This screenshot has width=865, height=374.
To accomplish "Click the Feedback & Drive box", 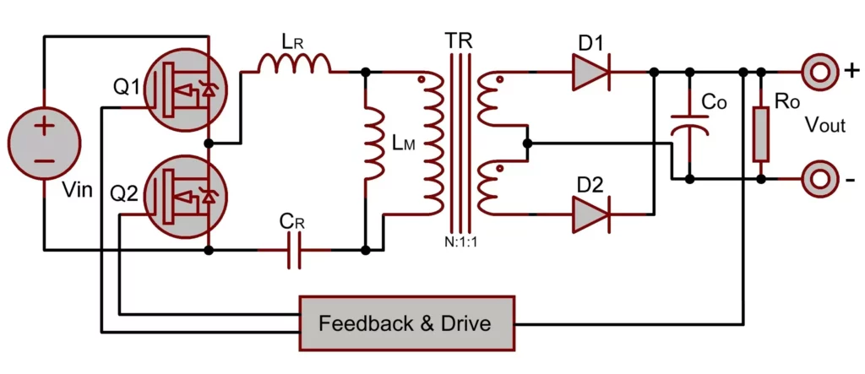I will click(407, 323).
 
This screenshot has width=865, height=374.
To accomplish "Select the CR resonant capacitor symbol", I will click(293, 251).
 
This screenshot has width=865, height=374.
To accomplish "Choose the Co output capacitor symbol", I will click(690, 127).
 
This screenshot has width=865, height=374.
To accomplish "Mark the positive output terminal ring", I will click(819, 73).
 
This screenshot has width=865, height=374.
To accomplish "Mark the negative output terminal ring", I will click(819, 180).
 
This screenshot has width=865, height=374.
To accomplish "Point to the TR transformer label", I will click(460, 39).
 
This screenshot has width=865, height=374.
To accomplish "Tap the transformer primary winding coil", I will click(432, 144).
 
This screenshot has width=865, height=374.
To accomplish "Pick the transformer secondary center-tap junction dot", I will click(527, 144).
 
